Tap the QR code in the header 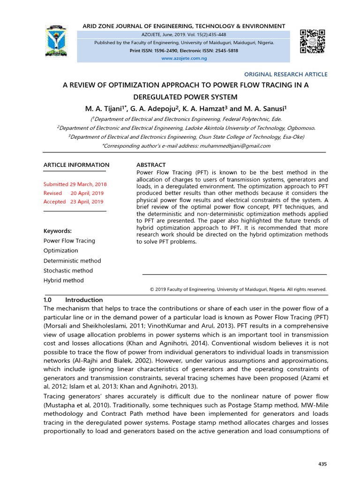tap(312, 41)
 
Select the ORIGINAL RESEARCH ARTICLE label tap(286, 74)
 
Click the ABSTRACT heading tap(151, 165)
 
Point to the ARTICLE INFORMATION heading tap(76, 165)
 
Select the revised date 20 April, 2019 tap(87, 193)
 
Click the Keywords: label tap(58, 231)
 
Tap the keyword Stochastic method tap(68, 270)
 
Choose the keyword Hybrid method tap(63, 280)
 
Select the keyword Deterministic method tap(72, 261)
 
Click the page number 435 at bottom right tap(322, 464)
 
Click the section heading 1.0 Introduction tap(73, 300)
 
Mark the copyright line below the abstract tap(238, 290)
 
